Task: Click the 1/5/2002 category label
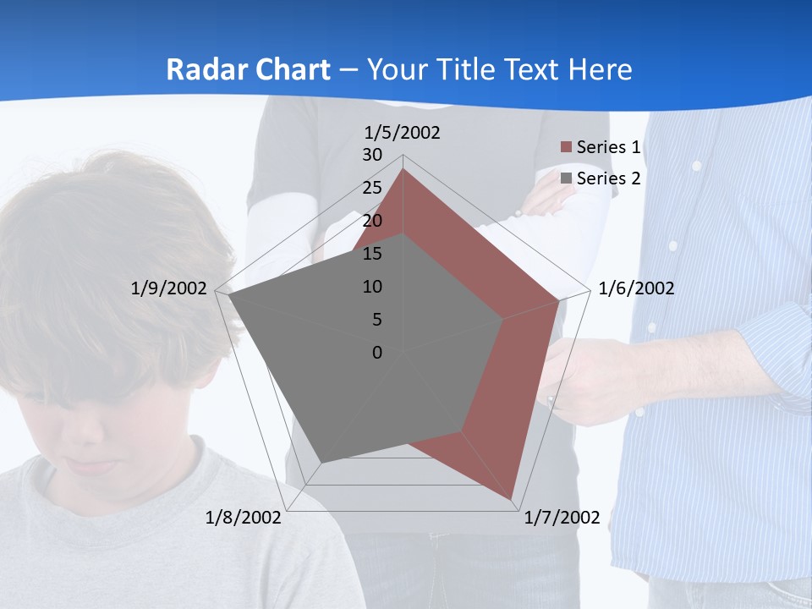pos(402,133)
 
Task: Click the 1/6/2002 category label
pos(636,288)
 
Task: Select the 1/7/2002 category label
pos(562,518)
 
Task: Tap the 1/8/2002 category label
pos(243,518)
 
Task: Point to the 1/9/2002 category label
pos(168,288)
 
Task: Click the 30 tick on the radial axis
pos(372,155)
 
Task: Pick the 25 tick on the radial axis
pos(372,188)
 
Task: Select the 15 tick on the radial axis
pos(372,254)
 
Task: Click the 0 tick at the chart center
pos(377,353)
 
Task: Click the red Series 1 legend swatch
pos(566,147)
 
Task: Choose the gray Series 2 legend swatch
pos(566,178)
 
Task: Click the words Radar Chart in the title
pos(248,69)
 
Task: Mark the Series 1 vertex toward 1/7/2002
pos(513,498)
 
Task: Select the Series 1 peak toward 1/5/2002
pos(403,169)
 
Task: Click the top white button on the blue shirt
pos(697,166)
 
